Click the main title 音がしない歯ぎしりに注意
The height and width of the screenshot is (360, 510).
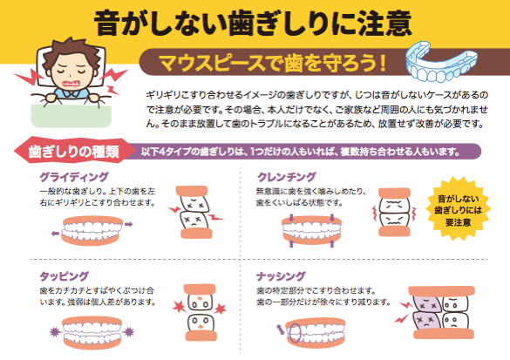point(253,23)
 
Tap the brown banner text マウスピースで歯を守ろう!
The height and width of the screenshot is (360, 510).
point(273,63)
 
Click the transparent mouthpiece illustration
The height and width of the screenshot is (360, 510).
point(441,62)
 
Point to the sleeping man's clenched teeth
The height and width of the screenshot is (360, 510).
point(71,84)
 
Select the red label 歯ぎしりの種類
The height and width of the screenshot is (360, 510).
point(74,152)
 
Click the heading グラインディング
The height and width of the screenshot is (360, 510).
point(74,177)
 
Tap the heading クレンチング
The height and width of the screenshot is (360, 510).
point(286,177)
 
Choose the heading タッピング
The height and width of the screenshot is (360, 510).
point(64,276)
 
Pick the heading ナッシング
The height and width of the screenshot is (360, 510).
point(281,276)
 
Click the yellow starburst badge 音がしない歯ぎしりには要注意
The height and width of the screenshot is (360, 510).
point(458,209)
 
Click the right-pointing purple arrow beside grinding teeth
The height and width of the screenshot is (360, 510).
point(129,224)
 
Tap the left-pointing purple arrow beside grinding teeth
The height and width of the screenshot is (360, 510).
point(56,233)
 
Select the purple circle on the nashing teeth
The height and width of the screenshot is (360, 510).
point(294,333)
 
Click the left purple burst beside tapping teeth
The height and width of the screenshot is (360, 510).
point(55,332)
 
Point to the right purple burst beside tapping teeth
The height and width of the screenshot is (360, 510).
point(129,332)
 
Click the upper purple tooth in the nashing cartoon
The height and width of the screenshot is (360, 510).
point(426,303)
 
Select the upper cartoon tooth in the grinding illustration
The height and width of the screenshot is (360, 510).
point(194,204)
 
